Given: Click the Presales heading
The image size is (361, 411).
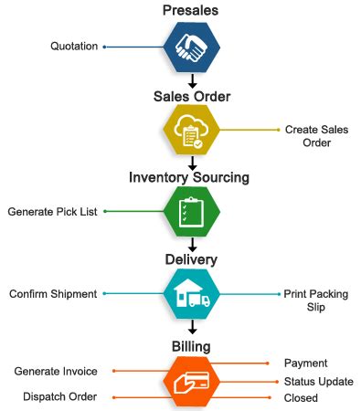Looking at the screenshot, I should (x=191, y=10).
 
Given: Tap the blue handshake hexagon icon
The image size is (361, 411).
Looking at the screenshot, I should (x=191, y=47).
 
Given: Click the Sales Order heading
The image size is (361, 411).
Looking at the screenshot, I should (x=191, y=97).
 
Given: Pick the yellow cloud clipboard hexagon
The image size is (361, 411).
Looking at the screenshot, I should (x=191, y=132).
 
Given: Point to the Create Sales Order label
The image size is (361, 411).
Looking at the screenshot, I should (x=316, y=136).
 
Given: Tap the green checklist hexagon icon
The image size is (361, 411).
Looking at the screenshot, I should (x=191, y=211).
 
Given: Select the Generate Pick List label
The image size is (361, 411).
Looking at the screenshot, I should (x=53, y=212).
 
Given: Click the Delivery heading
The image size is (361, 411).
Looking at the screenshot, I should (x=191, y=260).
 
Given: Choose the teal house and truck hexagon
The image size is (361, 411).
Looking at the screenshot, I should (x=191, y=295).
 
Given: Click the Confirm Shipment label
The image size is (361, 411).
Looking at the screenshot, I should (x=53, y=294).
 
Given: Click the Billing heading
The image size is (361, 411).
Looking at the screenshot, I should (x=191, y=347).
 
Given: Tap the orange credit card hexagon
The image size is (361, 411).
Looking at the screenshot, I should (x=191, y=383).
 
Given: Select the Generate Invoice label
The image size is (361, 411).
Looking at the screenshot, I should (x=56, y=371).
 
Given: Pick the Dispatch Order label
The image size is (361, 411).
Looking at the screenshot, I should (x=60, y=397).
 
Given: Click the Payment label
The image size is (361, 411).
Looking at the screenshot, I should (x=305, y=364).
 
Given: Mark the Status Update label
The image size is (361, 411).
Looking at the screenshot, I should (x=318, y=381).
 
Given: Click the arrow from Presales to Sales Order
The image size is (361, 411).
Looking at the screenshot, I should (x=191, y=80).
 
